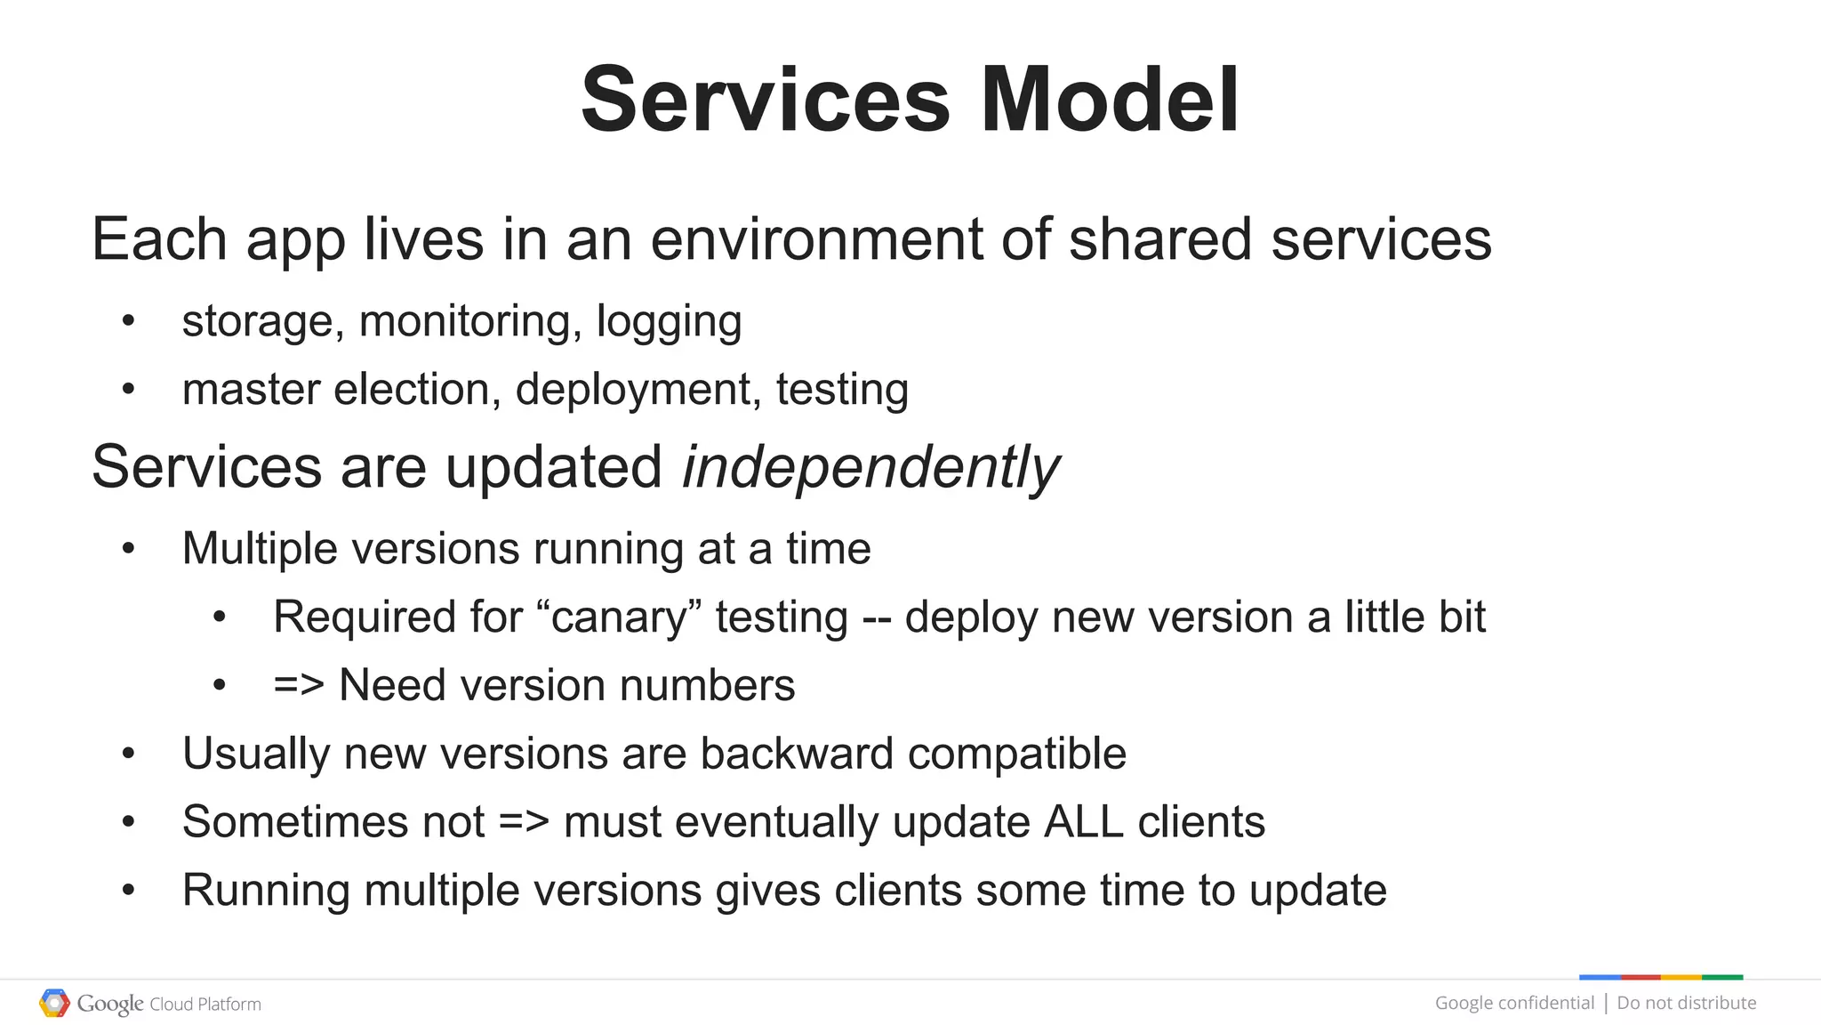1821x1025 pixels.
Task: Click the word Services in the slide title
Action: pos(766,100)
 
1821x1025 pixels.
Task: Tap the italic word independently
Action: pos(870,467)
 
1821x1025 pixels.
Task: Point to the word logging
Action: pos(669,321)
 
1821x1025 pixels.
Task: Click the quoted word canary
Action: pos(620,617)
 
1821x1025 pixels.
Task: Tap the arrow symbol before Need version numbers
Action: pos(298,685)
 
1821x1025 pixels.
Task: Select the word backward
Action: pos(796,754)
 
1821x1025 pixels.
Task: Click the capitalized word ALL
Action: pos(1083,822)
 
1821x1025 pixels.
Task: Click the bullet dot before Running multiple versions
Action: pos(129,890)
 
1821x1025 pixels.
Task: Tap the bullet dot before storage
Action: pos(129,321)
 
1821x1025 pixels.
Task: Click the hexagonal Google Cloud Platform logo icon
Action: pos(54,1004)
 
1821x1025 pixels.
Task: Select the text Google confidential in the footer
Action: pos(1514,1003)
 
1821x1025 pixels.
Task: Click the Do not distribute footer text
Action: pos(1686,1003)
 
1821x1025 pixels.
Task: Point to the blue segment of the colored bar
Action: pos(1600,977)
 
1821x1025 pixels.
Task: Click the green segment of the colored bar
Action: pos(1722,977)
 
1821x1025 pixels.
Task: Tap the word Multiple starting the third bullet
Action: pos(261,548)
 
